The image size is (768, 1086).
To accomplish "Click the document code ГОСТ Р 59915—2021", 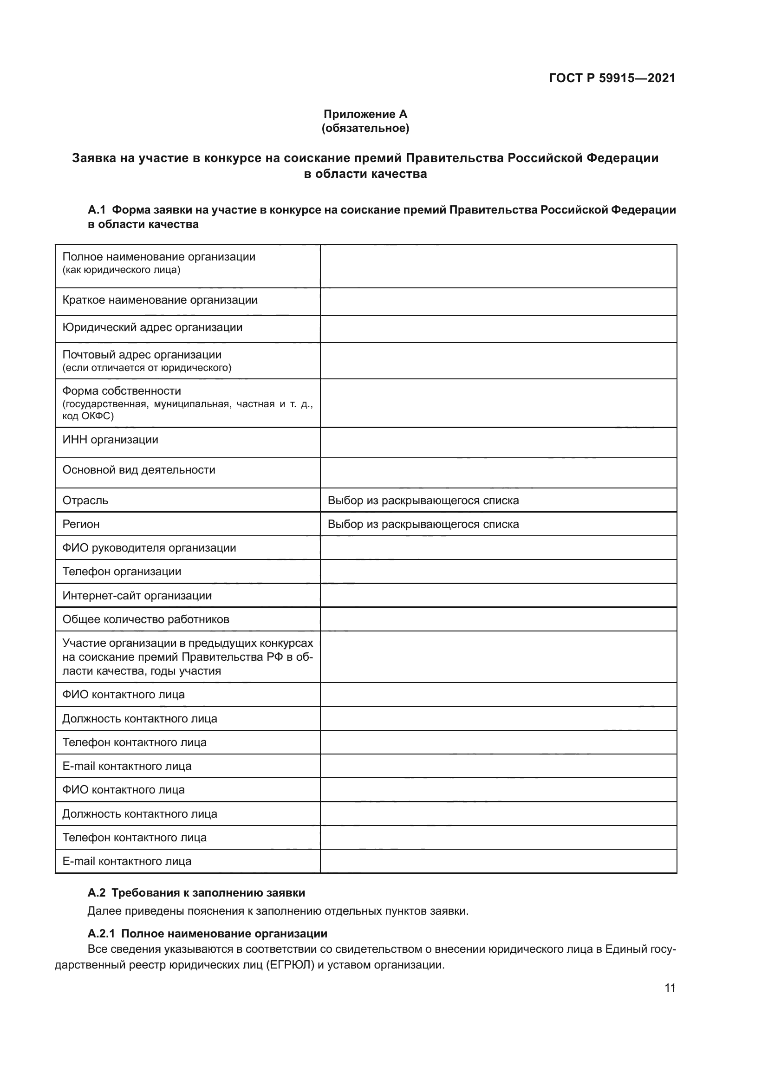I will pyautogui.click(x=612, y=78).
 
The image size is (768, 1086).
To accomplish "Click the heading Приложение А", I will pyautogui.click(x=365, y=114).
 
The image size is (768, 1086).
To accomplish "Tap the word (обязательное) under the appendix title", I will pyautogui.click(x=365, y=128).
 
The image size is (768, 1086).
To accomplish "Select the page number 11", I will pyautogui.click(x=670, y=988).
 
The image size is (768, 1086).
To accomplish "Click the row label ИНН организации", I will pyautogui.click(x=110, y=440).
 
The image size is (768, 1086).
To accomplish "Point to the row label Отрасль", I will pyautogui.click(x=85, y=501).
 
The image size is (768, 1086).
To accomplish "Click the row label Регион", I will pyautogui.click(x=81, y=524).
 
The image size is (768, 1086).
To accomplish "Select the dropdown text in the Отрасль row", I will pyautogui.click(x=423, y=501).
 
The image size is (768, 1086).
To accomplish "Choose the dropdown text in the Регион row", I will pyautogui.click(x=423, y=524).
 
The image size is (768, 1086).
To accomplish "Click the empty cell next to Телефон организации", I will pyautogui.click(x=498, y=572).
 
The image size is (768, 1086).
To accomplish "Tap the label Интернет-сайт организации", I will pyautogui.click(x=137, y=596).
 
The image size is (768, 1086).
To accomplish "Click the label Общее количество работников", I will pyautogui.click(x=146, y=619).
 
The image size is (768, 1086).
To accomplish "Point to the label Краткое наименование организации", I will pyautogui.click(x=160, y=300).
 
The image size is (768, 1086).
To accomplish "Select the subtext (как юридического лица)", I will pyautogui.click(x=121, y=270).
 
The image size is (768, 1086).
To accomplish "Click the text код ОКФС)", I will pyautogui.click(x=88, y=416).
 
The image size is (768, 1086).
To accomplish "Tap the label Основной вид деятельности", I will pyautogui.click(x=138, y=470).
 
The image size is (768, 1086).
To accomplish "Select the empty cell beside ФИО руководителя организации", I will pyautogui.click(x=498, y=548).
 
